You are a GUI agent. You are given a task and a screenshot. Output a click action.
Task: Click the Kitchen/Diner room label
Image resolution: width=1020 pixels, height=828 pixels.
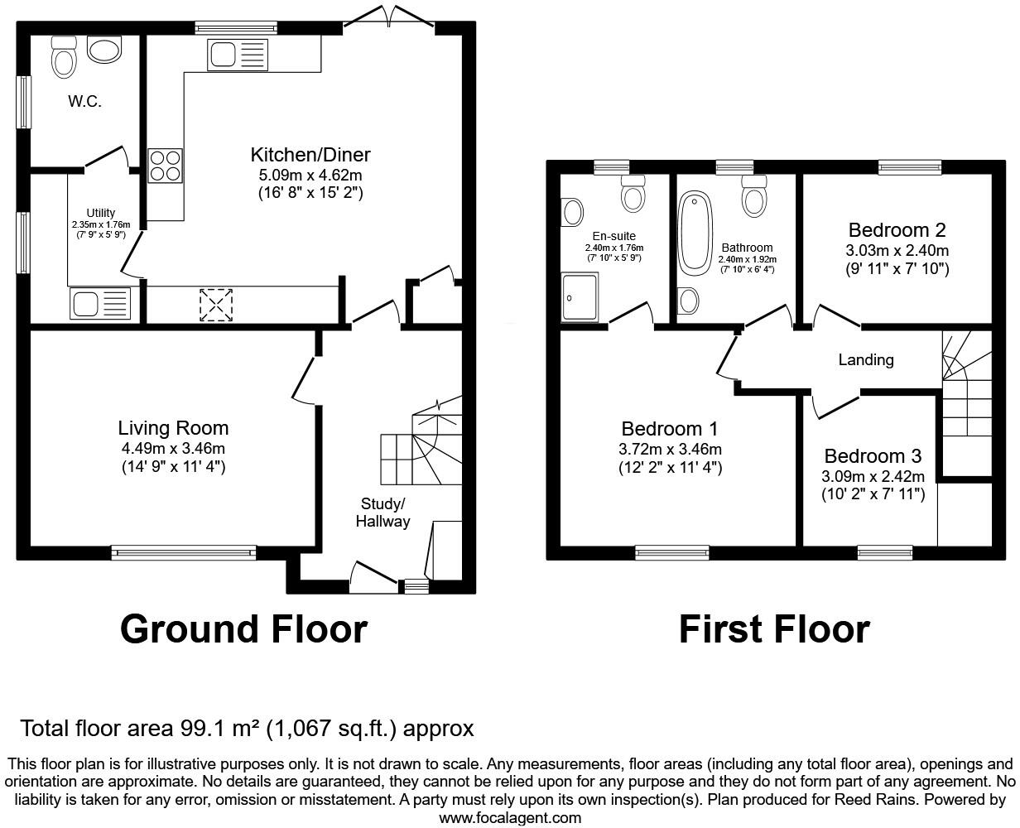tap(310, 155)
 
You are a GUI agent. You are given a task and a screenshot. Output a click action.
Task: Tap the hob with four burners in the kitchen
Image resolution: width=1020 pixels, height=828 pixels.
tap(165, 164)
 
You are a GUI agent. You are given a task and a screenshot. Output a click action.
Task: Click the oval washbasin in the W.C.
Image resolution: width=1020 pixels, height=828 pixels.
tap(104, 51)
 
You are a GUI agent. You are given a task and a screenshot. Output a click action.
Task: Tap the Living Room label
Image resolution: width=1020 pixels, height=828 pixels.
tap(173, 428)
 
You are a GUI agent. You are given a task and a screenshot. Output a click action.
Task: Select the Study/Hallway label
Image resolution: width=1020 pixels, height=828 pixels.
tap(382, 513)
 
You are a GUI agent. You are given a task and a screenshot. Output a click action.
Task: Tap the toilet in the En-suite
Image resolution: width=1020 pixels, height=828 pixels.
tap(634, 194)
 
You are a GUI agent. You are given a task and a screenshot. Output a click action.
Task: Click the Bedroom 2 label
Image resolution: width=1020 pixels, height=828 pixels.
tap(897, 230)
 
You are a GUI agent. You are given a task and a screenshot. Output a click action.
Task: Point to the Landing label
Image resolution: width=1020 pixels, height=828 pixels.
tap(866, 359)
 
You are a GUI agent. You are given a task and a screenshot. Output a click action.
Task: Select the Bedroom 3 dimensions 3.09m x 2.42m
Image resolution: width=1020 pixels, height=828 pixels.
tap(873, 476)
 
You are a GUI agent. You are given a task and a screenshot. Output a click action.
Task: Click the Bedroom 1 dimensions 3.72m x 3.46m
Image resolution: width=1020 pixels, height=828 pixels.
tap(670, 450)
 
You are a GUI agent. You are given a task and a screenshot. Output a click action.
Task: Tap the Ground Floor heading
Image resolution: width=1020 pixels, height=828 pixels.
tap(243, 629)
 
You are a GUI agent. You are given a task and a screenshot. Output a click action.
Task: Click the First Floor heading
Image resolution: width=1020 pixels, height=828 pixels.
tap(774, 629)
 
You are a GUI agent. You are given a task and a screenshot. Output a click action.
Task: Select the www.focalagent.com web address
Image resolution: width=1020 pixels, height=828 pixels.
tap(509, 818)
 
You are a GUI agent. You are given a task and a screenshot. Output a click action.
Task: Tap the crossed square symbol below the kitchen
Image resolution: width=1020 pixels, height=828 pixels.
tap(216, 305)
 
